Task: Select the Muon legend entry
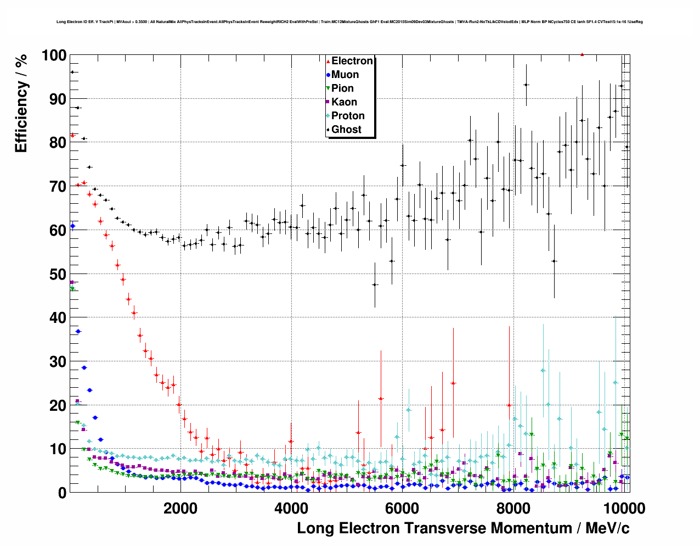click(345, 75)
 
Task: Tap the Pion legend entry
click(342, 88)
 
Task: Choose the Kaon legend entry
click(344, 102)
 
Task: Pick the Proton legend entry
click(348, 116)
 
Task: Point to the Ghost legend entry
click(346, 130)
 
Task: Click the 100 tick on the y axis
click(54, 55)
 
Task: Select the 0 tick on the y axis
click(62, 493)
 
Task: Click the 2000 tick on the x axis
click(180, 508)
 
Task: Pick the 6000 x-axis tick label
click(402, 508)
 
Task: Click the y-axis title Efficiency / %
click(21, 103)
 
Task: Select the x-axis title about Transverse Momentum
click(463, 528)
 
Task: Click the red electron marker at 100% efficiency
click(582, 54)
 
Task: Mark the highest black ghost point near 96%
click(72, 72)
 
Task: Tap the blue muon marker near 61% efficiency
click(72, 226)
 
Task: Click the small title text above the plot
click(349, 22)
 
